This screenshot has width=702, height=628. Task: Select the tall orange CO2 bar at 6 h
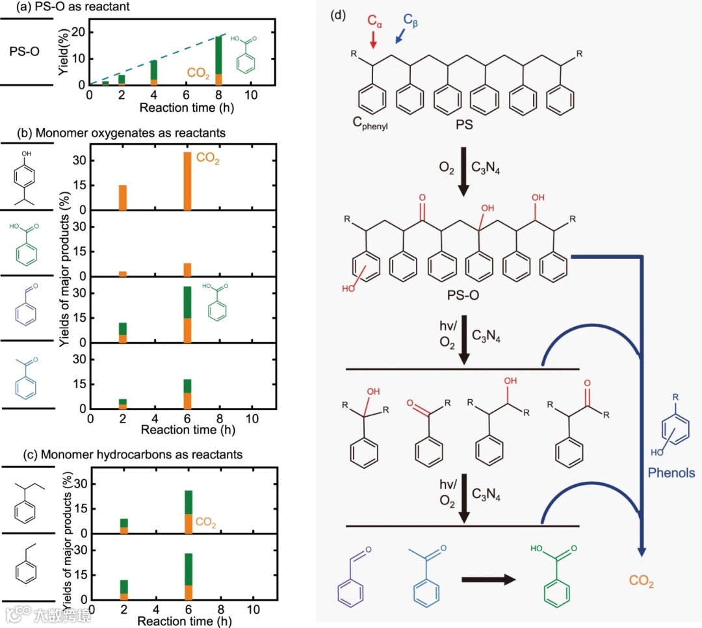tap(187, 181)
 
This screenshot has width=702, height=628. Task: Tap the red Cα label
tap(375, 21)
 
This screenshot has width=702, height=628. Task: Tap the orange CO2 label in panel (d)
tap(641, 581)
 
